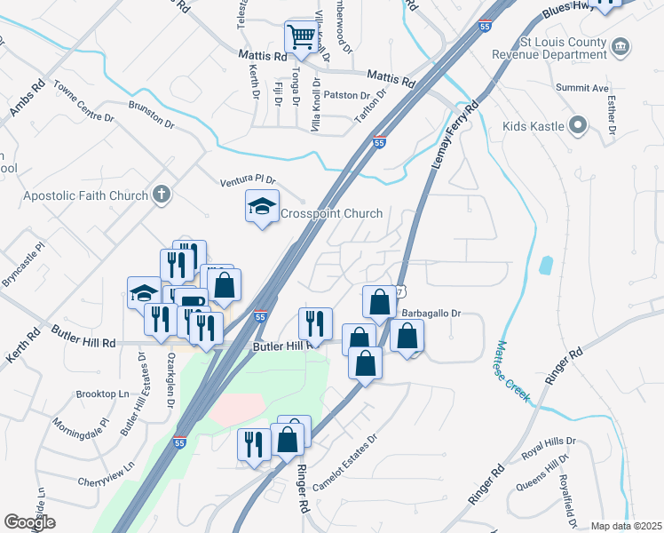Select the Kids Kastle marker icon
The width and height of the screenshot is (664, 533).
pyautogui.click(x=580, y=125)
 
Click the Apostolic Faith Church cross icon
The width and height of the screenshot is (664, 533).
pyautogui.click(x=162, y=195)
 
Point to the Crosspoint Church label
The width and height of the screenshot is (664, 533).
pyautogui.click(x=331, y=213)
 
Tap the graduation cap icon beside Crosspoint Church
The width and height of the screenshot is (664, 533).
pyautogui.click(x=262, y=207)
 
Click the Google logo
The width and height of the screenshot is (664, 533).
pyautogui.click(x=29, y=522)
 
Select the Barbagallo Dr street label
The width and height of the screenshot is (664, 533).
pyautogui.click(x=433, y=314)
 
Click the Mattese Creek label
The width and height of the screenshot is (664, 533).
pyautogui.click(x=511, y=372)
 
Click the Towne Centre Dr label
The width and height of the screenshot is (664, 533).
pyautogui.click(x=84, y=102)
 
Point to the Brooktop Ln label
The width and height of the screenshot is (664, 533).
pyautogui.click(x=102, y=394)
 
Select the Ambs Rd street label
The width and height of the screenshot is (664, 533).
pyautogui.click(x=27, y=101)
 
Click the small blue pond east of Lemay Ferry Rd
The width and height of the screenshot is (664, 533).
pyautogui.click(x=545, y=265)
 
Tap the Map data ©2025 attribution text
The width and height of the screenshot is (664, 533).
pyautogui.click(x=625, y=526)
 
